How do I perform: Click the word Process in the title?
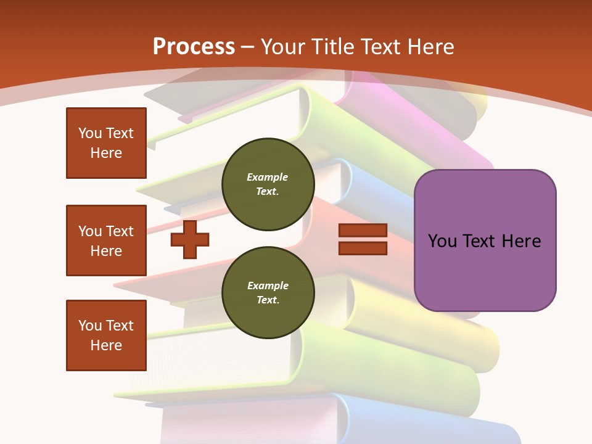click(x=194, y=47)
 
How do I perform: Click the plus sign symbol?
click(x=190, y=239)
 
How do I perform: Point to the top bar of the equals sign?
click(x=363, y=231)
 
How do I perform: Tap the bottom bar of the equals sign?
click(x=363, y=248)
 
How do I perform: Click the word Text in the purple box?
click(x=477, y=241)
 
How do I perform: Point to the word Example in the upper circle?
click(x=267, y=177)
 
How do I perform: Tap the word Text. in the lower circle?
click(x=268, y=300)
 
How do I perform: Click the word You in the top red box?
click(x=89, y=133)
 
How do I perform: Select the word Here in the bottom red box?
click(x=106, y=345)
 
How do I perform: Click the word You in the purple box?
click(x=442, y=241)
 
